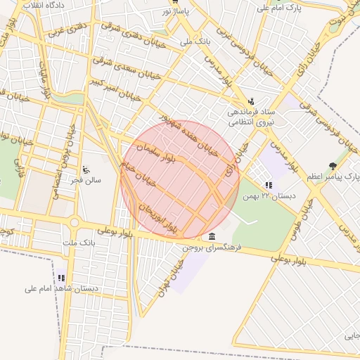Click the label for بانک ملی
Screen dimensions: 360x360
click(195, 41)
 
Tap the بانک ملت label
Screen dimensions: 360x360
click(78, 243)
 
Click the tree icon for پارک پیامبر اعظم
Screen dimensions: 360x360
click(333, 167)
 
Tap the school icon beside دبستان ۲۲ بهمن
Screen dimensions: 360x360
click(269, 185)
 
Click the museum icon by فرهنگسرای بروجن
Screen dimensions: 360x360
click(212, 236)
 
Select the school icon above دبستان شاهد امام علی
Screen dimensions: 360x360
click(61, 278)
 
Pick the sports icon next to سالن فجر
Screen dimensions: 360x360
click(86, 169)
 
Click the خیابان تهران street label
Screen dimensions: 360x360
click(173, 276)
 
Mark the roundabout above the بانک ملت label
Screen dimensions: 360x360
click(74, 223)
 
